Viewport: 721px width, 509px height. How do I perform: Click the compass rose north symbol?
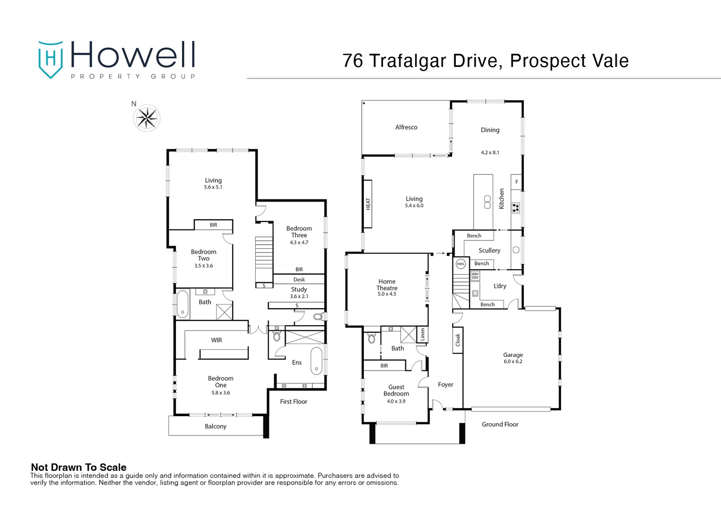point(147,118)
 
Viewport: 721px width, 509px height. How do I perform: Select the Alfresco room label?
point(406,127)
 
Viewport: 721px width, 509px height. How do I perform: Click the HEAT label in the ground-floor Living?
point(368,204)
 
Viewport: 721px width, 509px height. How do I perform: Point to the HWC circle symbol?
point(461,264)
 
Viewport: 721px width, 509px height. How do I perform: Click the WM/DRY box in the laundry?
point(475,276)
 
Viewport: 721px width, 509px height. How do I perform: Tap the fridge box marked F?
point(516,182)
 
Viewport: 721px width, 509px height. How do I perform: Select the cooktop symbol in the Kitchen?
point(516,207)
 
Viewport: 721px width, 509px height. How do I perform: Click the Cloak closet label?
point(457,340)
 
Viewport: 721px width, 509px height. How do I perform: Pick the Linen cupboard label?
point(422,334)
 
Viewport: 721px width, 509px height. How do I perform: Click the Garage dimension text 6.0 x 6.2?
point(512,361)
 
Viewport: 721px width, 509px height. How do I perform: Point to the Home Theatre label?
point(386,285)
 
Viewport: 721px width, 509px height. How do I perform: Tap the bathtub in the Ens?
point(316,361)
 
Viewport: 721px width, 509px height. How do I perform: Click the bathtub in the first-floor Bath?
point(182,304)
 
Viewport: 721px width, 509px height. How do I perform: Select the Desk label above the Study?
point(299,279)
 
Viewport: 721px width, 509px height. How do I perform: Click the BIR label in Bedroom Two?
point(213,225)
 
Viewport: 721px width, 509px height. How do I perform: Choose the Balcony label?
point(215,426)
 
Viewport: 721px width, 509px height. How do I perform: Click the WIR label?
point(216,340)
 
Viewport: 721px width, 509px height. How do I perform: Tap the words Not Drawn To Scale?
point(78,467)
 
